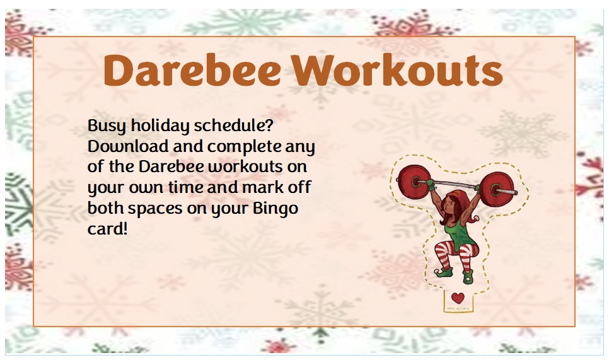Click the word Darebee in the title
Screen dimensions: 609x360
point(192,70)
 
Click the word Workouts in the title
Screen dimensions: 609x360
point(397,70)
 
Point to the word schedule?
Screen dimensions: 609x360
point(234,125)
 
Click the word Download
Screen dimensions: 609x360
point(128,146)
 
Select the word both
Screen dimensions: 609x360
point(105,208)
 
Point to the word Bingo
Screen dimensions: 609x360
point(275,209)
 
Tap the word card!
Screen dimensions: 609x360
point(107,229)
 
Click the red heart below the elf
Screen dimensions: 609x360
point(458,298)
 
